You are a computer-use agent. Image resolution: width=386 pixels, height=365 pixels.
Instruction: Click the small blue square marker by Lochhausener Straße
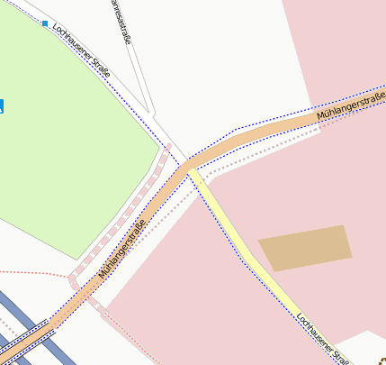coord(44,23)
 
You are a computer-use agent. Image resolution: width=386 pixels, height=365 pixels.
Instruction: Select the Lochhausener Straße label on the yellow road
coord(321,337)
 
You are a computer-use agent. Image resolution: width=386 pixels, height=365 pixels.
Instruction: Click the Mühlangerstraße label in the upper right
coord(351,106)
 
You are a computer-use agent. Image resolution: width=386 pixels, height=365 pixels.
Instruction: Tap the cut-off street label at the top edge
coord(122,20)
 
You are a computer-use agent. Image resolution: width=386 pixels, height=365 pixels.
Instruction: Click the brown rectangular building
coord(305,248)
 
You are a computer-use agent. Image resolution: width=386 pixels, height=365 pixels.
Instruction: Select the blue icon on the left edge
coord(2,106)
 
